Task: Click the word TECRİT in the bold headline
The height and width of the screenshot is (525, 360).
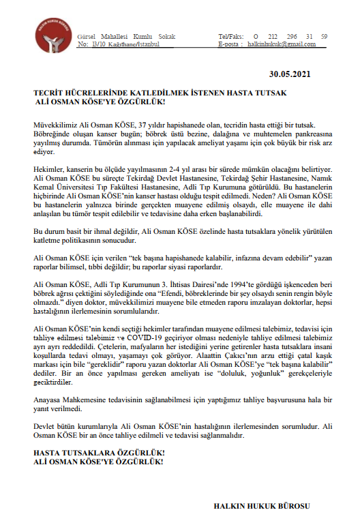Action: point(50,92)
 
